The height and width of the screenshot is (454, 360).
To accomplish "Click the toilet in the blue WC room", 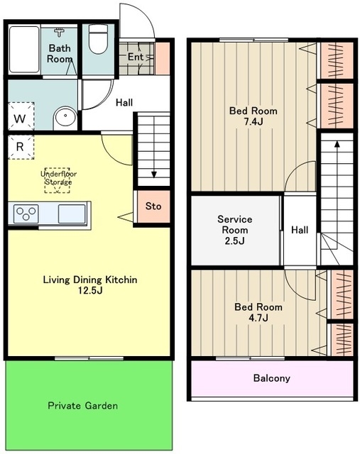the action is click(98, 39).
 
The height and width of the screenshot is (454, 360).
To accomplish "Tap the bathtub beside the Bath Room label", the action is click(23, 50).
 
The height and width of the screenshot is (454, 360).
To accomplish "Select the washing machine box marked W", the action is click(21, 116).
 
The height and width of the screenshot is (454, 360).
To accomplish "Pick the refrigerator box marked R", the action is click(21, 147).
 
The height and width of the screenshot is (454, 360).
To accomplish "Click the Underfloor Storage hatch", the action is click(57, 180).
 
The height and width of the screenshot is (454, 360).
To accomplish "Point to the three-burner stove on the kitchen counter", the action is click(26, 214).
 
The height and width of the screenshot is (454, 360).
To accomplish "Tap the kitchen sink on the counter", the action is click(72, 214).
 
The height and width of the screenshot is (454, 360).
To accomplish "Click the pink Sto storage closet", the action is click(153, 206).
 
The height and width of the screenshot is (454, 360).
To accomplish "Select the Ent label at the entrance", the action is click(136, 57).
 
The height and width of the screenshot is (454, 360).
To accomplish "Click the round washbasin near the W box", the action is click(65, 116).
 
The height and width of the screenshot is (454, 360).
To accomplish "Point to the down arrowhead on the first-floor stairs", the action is click(154, 175).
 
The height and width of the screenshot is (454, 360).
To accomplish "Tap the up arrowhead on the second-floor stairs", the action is click(337, 144).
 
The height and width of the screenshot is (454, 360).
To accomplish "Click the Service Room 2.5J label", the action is click(235, 230).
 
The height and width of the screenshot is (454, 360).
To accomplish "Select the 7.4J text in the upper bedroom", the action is click(253, 122).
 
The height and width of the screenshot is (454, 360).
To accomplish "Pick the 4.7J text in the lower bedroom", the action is click(258, 318).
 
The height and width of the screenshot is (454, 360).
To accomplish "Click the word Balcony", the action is click(271, 378).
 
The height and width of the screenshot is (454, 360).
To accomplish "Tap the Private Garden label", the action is click(83, 406).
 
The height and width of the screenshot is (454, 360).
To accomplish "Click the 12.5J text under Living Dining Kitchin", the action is click(90, 290).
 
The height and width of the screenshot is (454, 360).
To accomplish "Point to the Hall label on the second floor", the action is click(300, 230).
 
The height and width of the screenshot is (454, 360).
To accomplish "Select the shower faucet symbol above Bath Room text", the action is click(60, 32).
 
